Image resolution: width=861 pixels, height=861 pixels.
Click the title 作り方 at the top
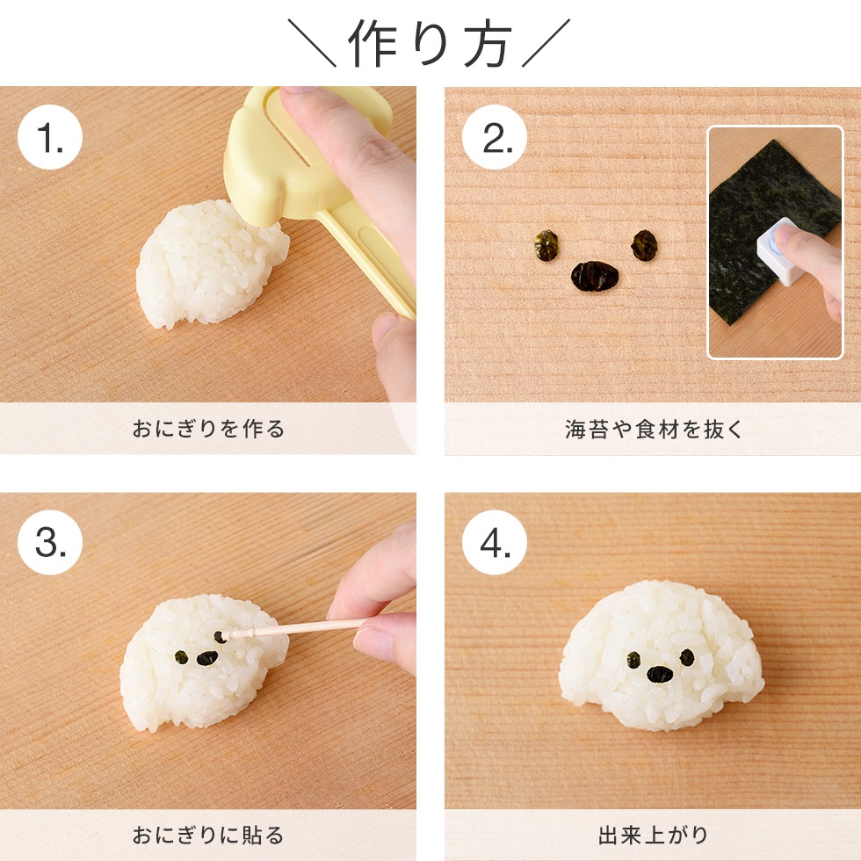pos(430,43)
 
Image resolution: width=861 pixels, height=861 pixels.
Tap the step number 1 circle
pos(50,137)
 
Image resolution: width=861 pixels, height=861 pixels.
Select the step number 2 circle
pos(495,137)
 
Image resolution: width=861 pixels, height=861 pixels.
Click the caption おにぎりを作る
pos(208,430)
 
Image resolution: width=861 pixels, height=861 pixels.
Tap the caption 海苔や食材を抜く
pos(653,430)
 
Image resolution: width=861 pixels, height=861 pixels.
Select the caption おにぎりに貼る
pos(208,835)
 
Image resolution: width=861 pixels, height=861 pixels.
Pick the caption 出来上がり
pos(653,835)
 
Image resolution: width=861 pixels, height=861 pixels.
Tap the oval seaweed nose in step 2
pos(596,276)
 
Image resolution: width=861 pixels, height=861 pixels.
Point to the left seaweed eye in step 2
pos(547,244)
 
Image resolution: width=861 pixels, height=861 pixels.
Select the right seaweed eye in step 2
pos(644,244)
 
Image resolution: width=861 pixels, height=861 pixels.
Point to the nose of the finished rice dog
pos(660,674)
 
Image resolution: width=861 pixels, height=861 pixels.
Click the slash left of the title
pos(312,45)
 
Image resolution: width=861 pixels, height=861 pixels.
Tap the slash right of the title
pos(546,45)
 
